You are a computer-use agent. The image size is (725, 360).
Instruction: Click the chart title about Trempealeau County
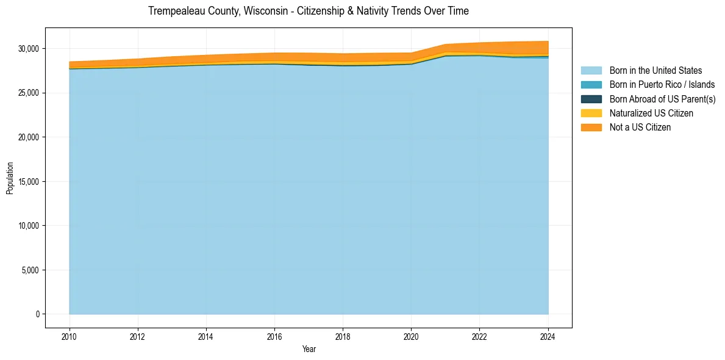[x=309, y=11]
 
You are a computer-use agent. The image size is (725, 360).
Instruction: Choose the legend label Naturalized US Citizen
[x=651, y=113]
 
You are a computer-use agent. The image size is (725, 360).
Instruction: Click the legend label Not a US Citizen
[x=640, y=128]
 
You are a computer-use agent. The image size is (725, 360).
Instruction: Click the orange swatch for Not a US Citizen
[x=591, y=128]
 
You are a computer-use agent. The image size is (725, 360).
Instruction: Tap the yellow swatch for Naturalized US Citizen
[x=591, y=113]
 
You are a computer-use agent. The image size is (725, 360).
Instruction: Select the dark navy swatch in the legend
[x=591, y=99]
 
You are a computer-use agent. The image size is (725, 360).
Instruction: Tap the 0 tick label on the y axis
[x=38, y=314]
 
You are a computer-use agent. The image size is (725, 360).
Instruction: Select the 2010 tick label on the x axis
[x=70, y=336]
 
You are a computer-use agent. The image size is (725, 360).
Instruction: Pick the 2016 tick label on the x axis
[x=274, y=336]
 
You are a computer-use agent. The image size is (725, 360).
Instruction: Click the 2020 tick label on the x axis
[x=411, y=336]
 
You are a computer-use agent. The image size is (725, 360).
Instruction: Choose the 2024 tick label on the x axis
[x=548, y=336]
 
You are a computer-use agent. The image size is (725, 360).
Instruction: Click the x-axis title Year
[x=309, y=349]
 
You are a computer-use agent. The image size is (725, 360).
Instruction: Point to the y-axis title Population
[x=10, y=178]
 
